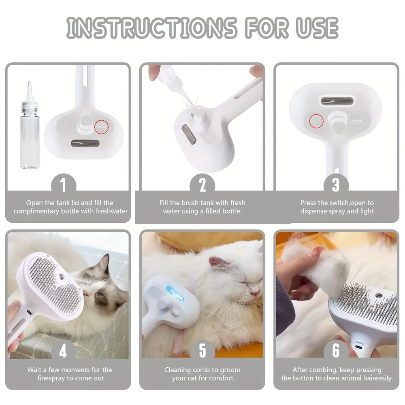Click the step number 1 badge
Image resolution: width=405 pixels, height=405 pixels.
pyautogui.click(x=63, y=185)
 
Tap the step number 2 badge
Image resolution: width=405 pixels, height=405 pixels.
pyautogui.click(x=202, y=185)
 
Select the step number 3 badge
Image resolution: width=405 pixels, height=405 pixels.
pyautogui.click(x=336, y=185)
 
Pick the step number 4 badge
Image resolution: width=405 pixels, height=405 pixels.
pyautogui.click(x=63, y=351)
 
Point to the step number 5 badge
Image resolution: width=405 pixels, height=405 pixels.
pyautogui.click(x=202, y=351)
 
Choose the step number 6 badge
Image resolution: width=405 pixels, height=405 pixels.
pyautogui.click(x=336, y=351)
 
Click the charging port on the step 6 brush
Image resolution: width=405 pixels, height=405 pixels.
pyautogui.click(x=358, y=347)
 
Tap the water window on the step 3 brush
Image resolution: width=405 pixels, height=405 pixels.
pyautogui.click(x=336, y=101)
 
